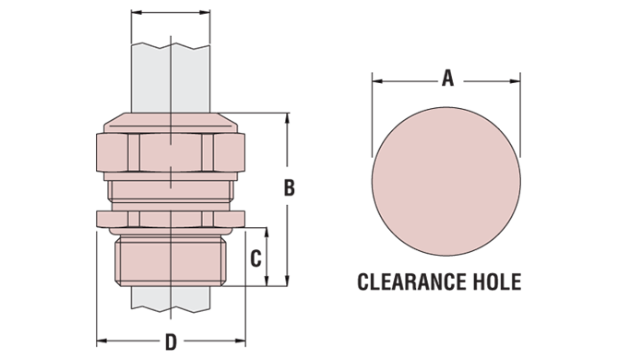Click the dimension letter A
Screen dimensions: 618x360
point(447,78)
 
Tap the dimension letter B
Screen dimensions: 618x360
point(290,187)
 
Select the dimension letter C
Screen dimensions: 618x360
point(256,259)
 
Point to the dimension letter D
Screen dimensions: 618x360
point(171,342)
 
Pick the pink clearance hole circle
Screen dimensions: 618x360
point(446,181)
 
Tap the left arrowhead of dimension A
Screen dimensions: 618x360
point(377,81)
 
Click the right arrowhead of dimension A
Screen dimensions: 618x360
point(515,81)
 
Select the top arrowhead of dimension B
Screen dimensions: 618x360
point(287,118)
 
